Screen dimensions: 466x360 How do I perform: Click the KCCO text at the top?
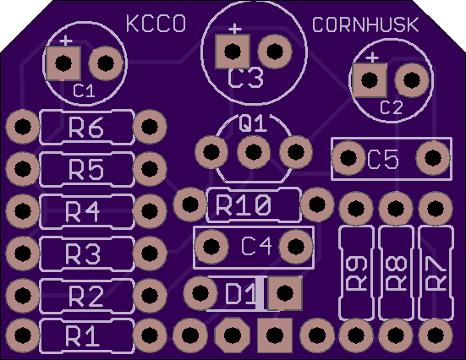click(156, 24)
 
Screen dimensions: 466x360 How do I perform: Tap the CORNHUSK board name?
click(365, 25)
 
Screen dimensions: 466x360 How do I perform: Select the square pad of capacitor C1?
click(63, 63)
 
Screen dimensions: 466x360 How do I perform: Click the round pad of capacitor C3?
click(275, 51)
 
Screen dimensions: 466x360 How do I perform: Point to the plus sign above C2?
click(372, 57)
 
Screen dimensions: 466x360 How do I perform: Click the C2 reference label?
click(392, 107)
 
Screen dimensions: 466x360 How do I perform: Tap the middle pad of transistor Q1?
click(254, 152)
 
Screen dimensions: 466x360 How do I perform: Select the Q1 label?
click(253, 123)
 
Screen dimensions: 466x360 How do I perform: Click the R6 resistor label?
click(86, 128)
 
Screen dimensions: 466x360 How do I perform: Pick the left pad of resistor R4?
click(23, 211)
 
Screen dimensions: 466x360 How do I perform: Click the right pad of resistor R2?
click(150, 295)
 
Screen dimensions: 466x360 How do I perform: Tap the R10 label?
click(244, 205)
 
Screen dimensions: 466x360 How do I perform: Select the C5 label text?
click(383, 159)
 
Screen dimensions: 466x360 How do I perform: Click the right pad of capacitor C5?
click(433, 157)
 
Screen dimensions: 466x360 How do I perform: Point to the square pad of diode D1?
click(285, 293)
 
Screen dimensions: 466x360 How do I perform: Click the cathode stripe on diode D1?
click(260, 294)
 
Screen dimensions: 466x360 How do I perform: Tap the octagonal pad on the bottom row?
click(233, 335)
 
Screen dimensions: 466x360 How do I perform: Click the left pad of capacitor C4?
click(211, 246)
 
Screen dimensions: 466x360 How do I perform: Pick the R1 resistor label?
click(82, 336)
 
